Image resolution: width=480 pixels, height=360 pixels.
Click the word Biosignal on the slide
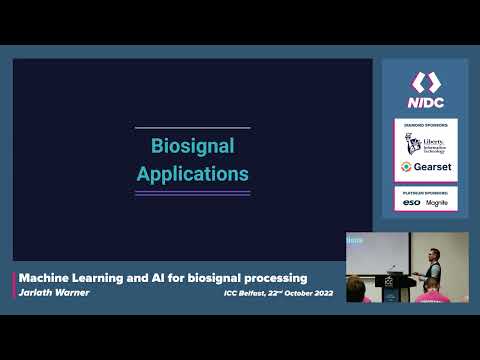coord(192,146)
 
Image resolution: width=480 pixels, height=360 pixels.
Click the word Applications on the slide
coord(192,173)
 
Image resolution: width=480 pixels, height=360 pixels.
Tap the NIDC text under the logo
coord(426,102)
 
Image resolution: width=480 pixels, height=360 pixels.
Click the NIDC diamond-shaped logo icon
coord(426,81)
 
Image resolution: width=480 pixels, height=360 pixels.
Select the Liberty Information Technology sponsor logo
coord(426,144)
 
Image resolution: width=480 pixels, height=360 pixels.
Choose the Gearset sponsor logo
coord(426,167)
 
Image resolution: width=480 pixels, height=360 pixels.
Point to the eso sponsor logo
coord(411,202)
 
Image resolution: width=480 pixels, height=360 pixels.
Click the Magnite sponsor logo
coord(437,202)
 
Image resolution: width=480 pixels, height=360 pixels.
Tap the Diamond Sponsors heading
coord(426,125)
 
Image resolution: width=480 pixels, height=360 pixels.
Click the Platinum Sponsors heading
coord(426,191)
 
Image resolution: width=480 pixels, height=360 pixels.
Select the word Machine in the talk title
coord(45,277)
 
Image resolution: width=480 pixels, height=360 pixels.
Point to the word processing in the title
coord(271,277)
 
